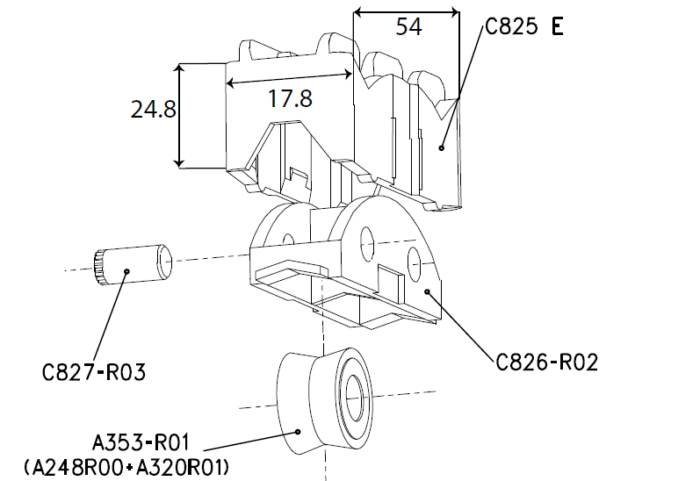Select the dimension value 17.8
pos(290,98)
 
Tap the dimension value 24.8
pos(153,109)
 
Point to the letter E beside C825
pos(557,25)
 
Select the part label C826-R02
pos(547,361)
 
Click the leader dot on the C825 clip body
pos(443,147)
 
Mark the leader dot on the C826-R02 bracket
pos(427,291)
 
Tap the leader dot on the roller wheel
pos(299,431)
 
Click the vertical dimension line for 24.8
pos(179,114)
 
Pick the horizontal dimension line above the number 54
pos(406,12)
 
